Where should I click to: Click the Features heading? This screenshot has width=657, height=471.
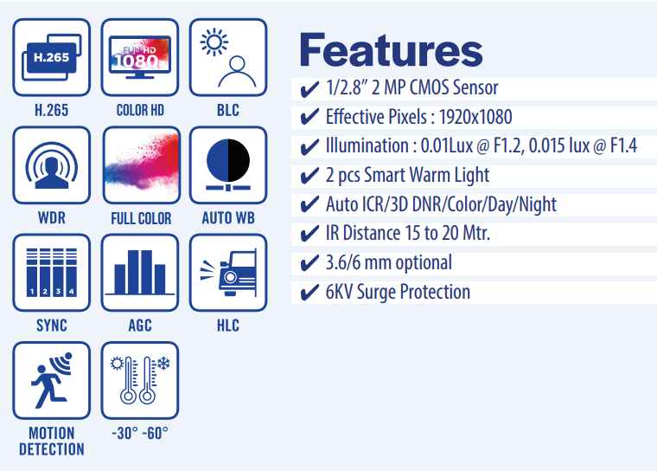pos(391,50)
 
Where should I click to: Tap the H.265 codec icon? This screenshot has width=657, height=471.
pos(52,57)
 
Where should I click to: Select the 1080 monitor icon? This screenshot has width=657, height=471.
pos(140,57)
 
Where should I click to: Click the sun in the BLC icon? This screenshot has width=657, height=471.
pos(214,42)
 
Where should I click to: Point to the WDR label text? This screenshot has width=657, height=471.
pos(52,218)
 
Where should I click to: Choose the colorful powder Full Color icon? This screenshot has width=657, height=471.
pos(142,165)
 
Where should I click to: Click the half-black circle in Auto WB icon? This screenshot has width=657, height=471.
pos(228,160)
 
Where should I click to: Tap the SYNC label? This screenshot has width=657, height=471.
pos(52,326)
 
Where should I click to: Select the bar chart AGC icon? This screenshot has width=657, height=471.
pos(140,273)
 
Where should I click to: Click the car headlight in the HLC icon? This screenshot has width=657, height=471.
pos(230,277)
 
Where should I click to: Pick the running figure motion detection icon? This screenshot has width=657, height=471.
pos(52,380)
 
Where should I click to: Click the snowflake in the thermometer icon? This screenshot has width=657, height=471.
pos(163,363)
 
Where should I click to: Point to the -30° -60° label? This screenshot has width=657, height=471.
pos(140,433)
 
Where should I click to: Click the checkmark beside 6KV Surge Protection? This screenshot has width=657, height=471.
pos(309,292)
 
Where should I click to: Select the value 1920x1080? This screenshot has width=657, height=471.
pos(475,117)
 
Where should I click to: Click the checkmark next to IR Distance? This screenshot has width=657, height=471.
pos(309,234)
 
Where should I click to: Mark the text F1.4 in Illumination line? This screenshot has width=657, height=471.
pos(624,146)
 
